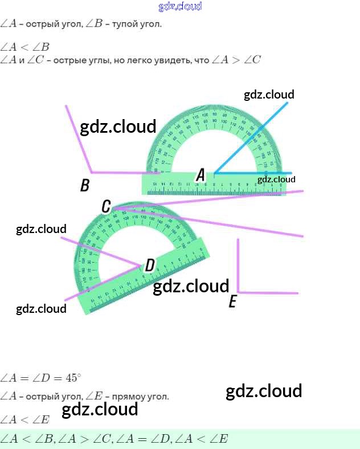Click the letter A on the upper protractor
[200, 175]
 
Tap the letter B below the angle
[85, 185]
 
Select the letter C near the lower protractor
[106, 206]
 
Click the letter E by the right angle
[232, 301]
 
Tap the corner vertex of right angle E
[238, 292]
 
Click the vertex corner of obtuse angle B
[91, 172]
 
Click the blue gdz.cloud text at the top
[180, 7]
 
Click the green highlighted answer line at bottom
[180, 439]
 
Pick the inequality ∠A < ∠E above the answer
[25, 420]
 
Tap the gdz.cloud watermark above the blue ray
[269, 95]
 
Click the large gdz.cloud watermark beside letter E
[191, 286]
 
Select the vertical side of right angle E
[238, 265]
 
